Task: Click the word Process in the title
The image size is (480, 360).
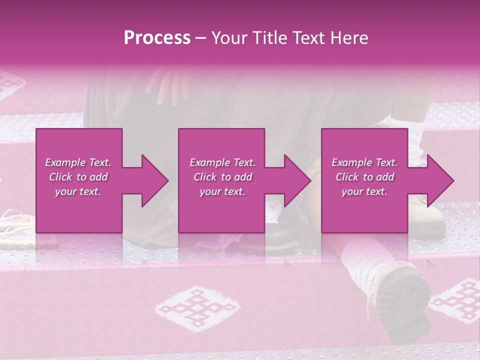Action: pyautogui.click(x=157, y=38)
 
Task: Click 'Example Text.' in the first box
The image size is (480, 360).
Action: pyautogui.click(x=78, y=162)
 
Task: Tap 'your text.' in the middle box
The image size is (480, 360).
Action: pyautogui.click(x=222, y=191)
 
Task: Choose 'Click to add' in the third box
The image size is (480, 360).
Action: pyautogui.click(x=364, y=177)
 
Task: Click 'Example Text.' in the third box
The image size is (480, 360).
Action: pyautogui.click(x=364, y=162)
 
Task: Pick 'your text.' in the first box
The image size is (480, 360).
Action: pyautogui.click(x=78, y=191)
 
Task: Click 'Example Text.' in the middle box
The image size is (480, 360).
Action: pyautogui.click(x=222, y=162)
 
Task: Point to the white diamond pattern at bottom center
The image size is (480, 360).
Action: pyautogui.click(x=187, y=307)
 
